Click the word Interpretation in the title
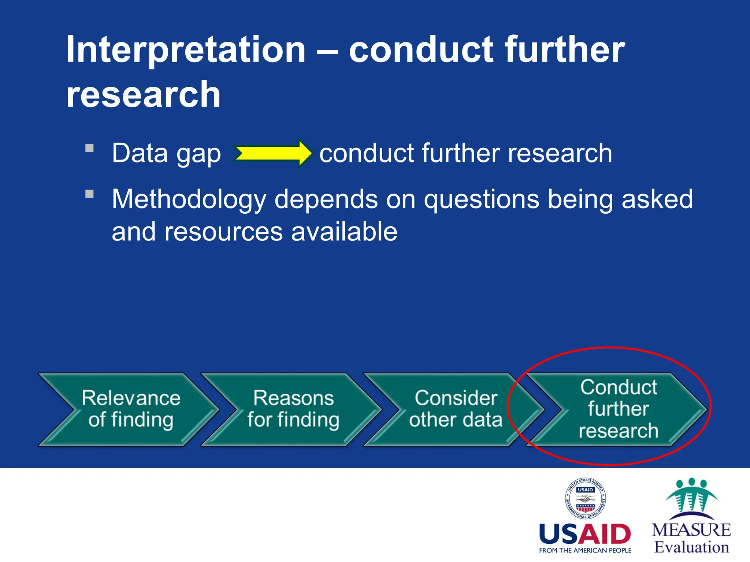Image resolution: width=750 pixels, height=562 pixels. [x=186, y=50]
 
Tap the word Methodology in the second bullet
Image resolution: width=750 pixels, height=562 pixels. [x=189, y=200]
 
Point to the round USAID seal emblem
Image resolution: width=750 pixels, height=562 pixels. [x=585, y=498]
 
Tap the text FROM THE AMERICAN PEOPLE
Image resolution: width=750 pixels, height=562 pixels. [x=585, y=550]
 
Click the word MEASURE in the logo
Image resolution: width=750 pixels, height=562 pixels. [x=691, y=530]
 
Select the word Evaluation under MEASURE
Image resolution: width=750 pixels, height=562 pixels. [x=691, y=547]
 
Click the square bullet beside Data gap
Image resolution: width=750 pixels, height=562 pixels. [x=90, y=148]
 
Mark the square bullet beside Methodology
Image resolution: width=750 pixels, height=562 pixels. [x=90, y=194]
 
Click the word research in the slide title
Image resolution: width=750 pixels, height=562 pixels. [x=143, y=95]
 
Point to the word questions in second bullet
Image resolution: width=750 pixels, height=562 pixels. [x=481, y=200]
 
